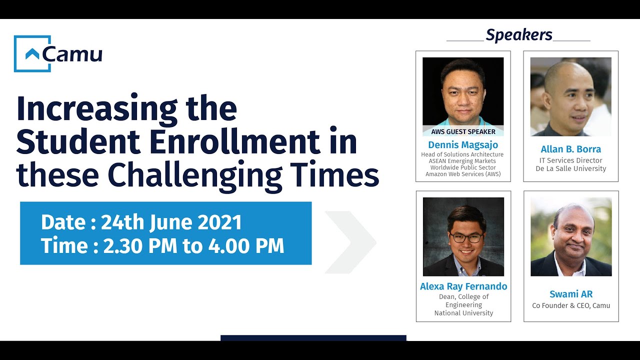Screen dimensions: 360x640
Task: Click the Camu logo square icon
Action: coord(32,53)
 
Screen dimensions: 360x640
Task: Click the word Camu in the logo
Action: coord(72,54)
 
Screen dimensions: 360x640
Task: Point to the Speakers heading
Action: coord(519,35)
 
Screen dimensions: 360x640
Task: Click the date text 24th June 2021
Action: coord(171,222)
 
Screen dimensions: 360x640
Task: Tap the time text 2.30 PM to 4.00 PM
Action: coord(193,246)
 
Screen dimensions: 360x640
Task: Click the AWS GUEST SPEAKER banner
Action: coord(463,132)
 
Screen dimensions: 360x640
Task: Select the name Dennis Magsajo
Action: coord(463,145)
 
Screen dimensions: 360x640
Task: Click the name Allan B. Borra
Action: coord(571,149)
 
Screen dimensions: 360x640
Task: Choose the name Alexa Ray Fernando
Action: coord(463,286)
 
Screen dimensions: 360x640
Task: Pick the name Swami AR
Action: coord(571,294)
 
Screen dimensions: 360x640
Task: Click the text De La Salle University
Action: coord(571,169)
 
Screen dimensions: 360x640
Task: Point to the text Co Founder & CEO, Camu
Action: coord(571,305)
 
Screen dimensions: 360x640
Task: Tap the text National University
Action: coord(463,313)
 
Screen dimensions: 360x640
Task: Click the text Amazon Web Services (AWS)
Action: coord(463,174)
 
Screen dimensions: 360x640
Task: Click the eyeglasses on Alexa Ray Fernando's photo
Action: coord(466,238)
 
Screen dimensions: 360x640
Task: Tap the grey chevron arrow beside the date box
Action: coord(350,242)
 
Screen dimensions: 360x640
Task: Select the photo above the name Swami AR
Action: coord(571,236)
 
